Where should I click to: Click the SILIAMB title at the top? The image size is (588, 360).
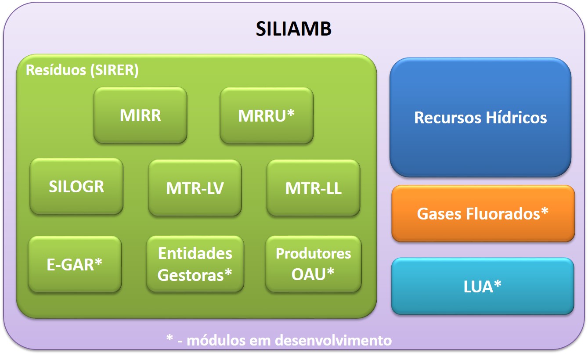point(294,29)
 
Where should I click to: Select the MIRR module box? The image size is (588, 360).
point(141,115)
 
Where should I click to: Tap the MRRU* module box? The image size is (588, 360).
point(267,115)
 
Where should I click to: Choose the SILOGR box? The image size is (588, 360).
point(76,186)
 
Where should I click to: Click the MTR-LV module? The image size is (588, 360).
point(195,188)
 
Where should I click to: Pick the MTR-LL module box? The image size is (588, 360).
point(314,188)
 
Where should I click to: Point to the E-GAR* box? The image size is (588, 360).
point(75,264)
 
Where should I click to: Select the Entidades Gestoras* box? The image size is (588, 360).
point(195,264)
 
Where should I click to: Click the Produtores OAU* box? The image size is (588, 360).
point(314,264)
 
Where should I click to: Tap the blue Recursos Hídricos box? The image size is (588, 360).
point(480,118)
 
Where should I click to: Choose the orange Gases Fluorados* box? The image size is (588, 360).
point(483,214)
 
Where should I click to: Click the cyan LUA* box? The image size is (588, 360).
point(483,286)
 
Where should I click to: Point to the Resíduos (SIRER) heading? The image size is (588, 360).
point(82,70)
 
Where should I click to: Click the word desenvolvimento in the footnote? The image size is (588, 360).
point(333,340)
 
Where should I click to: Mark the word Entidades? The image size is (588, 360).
point(195,253)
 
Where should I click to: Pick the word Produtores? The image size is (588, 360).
point(314,254)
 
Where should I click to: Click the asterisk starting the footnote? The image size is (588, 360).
point(170,339)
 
